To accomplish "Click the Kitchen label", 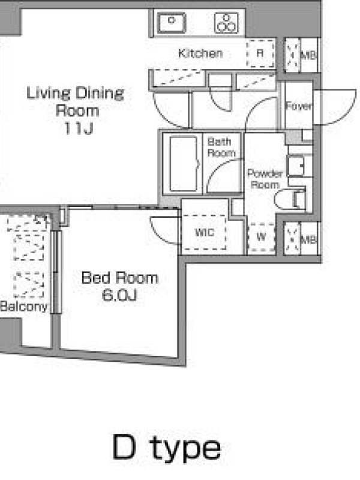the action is click(x=200, y=53).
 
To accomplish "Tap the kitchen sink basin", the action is click(x=172, y=23).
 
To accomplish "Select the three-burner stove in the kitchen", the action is click(x=227, y=23).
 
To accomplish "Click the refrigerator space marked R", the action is click(x=260, y=53).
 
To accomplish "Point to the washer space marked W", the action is click(x=261, y=236).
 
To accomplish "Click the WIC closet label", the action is click(x=205, y=232).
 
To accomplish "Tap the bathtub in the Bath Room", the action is click(x=184, y=164).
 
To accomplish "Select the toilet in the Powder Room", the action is click(x=290, y=200).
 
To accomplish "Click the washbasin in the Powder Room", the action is click(x=295, y=166).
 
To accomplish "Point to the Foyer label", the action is click(x=298, y=106).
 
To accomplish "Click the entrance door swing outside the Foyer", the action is click(x=335, y=107).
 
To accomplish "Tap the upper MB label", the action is click(x=308, y=55).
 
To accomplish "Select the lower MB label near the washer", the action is click(x=308, y=239).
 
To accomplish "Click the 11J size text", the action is click(x=79, y=128).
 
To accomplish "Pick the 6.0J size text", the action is click(x=119, y=295).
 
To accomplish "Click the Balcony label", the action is click(x=24, y=307).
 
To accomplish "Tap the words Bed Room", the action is click(x=119, y=278).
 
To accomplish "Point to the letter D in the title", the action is click(x=124, y=447).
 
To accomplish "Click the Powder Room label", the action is click(x=265, y=179).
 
